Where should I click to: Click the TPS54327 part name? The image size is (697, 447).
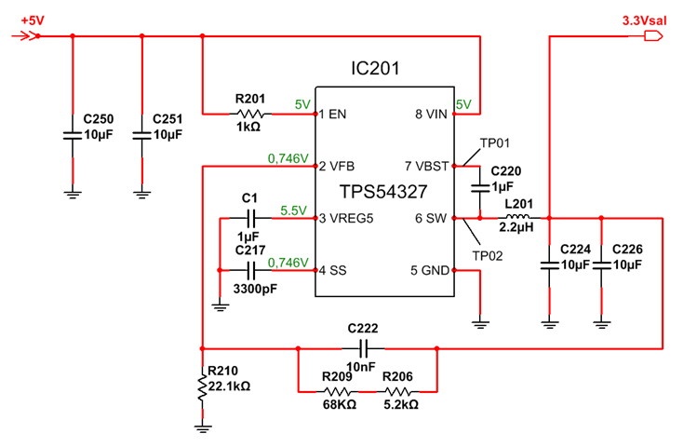pos(383,193)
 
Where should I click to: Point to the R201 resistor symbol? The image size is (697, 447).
pos(248,115)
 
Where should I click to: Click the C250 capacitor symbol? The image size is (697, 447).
pos(73,136)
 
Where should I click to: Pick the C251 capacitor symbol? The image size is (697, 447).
pos(141,136)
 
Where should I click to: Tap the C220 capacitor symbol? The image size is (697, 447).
pos(479,189)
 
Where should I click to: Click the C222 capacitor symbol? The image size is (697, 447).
pos(365,348)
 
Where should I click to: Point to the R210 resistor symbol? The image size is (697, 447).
pos(203,388)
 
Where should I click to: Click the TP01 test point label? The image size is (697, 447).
pos(495,143)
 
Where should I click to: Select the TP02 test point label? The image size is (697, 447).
pos(488,254)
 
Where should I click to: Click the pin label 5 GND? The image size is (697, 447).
pos(431,271)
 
